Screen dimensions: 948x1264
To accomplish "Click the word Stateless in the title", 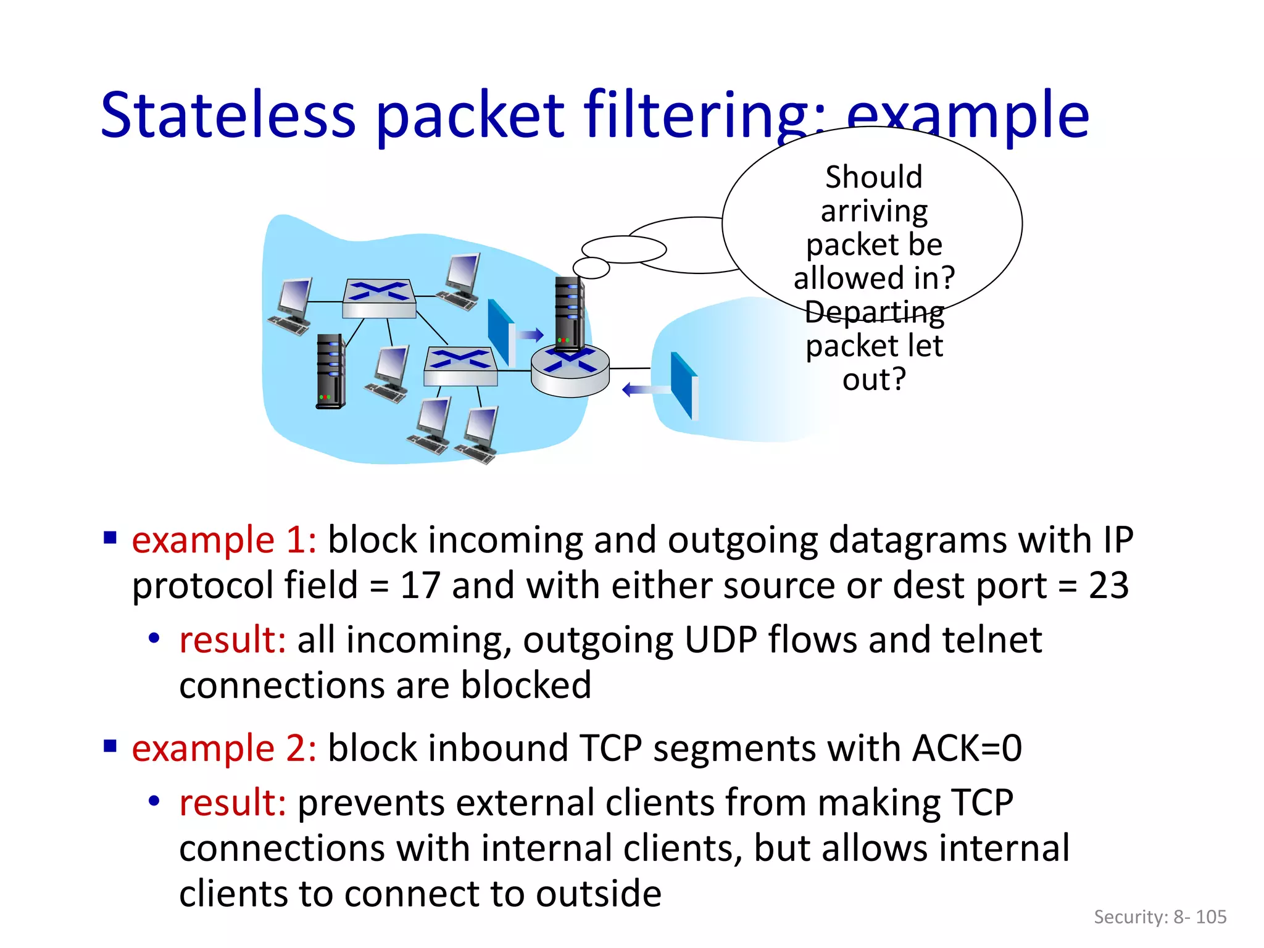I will tap(228, 115).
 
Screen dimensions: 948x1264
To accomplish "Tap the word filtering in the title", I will tap(697, 115).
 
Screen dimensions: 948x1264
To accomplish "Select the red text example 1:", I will tap(224, 540).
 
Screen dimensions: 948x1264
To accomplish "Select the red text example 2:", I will tap(224, 748).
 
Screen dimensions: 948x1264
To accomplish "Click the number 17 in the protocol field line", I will tap(420, 586).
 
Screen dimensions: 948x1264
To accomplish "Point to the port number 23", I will tap(1108, 586).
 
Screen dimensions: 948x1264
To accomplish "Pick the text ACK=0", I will tap(967, 748).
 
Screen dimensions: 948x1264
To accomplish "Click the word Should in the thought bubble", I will tap(874, 177).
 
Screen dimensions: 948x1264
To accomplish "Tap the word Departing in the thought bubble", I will tap(874, 312).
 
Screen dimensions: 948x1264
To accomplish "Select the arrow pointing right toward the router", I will tap(530, 335).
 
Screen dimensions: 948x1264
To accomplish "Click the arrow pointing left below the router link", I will tap(645, 389).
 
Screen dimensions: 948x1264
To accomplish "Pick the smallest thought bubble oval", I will tap(591, 268).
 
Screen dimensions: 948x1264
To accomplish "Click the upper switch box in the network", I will tap(379, 298).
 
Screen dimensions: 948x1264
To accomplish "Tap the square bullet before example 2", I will tap(110, 747).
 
